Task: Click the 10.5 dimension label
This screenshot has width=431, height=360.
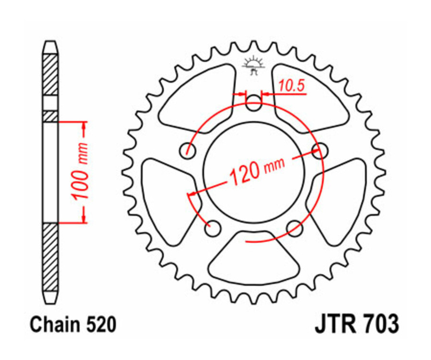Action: click(291, 86)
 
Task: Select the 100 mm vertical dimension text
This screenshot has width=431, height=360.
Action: click(81, 171)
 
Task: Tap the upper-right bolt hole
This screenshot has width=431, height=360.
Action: click(319, 150)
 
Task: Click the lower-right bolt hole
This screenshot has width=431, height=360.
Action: click(295, 228)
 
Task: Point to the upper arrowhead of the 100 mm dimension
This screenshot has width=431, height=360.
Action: click(85, 126)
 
